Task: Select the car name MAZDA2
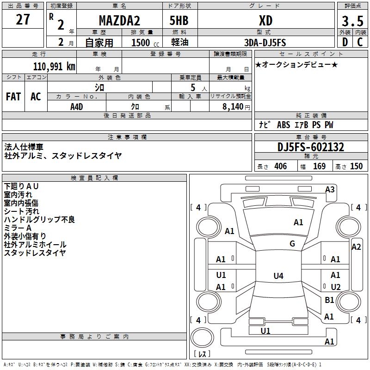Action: (x=120, y=21)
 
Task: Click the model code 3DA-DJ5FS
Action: (x=265, y=43)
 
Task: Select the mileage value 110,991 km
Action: (x=54, y=66)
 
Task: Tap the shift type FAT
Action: (x=13, y=97)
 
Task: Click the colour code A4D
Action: (x=76, y=107)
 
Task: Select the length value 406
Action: (x=280, y=166)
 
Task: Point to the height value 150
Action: (x=356, y=166)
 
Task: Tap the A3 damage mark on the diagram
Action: (x=330, y=189)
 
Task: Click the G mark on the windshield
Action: (x=292, y=244)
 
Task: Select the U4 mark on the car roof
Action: (x=278, y=276)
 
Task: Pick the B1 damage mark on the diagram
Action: (x=329, y=300)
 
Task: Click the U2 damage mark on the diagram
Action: (x=336, y=287)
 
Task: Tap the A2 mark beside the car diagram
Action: (x=356, y=247)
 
